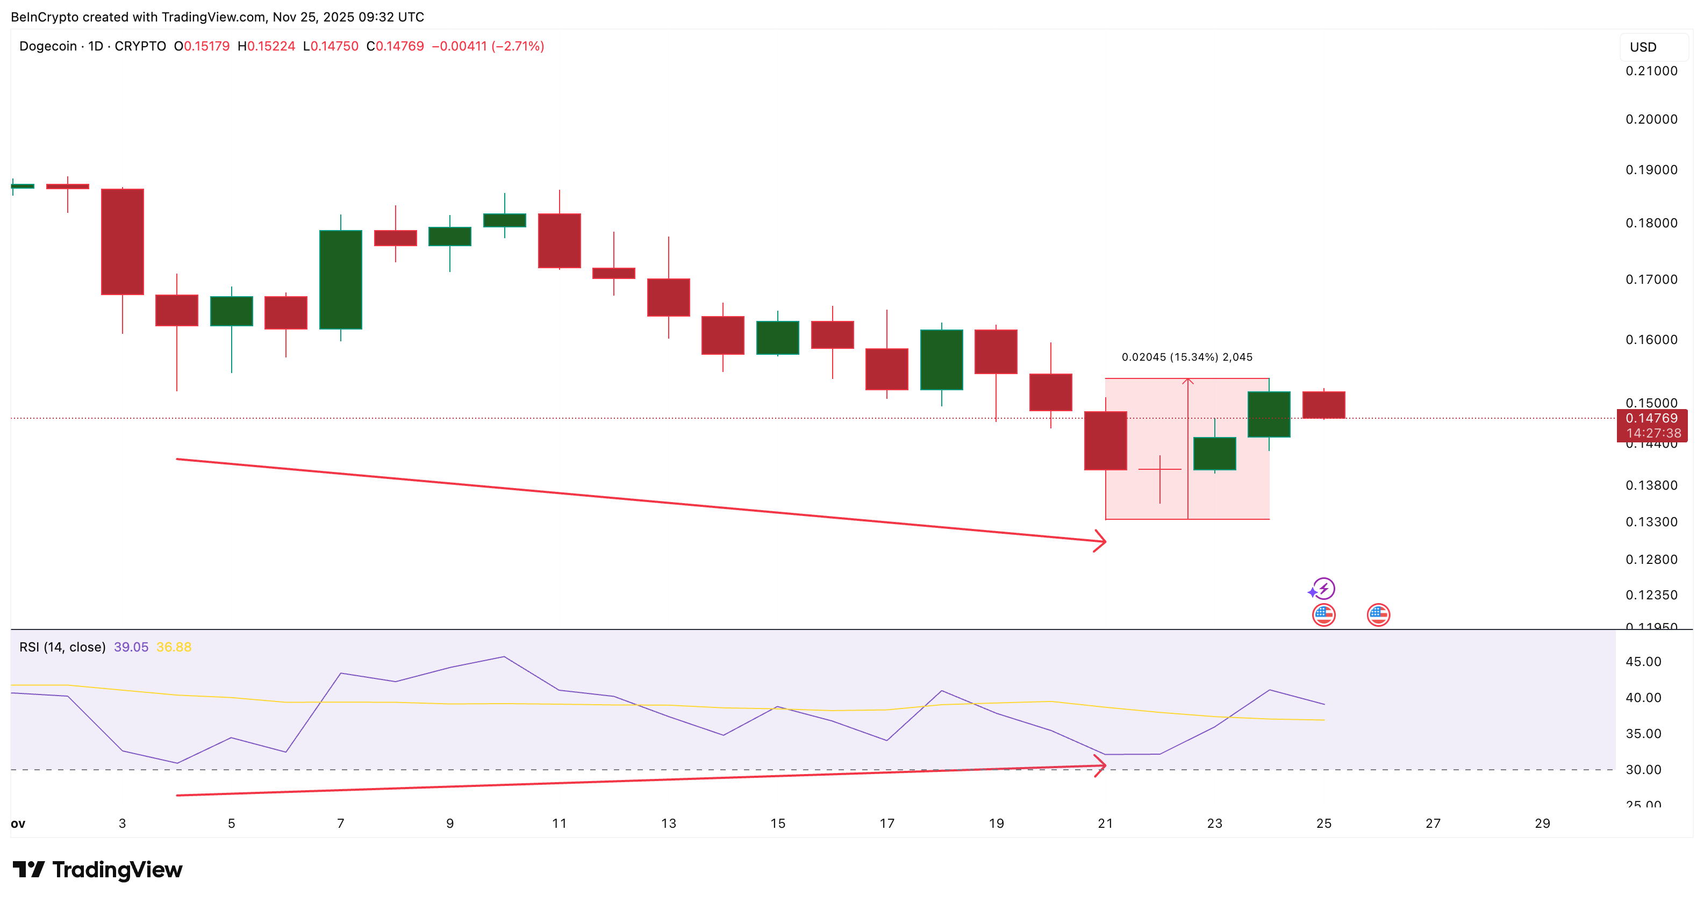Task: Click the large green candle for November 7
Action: (x=341, y=279)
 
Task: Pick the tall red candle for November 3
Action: (x=123, y=241)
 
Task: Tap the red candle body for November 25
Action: (x=1323, y=405)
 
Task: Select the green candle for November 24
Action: (x=1269, y=414)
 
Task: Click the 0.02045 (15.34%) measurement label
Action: (x=1187, y=357)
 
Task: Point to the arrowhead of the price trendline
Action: (x=1101, y=542)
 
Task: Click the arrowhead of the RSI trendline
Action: (x=1101, y=766)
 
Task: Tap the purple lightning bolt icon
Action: (x=1323, y=588)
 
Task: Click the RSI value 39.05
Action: (x=131, y=647)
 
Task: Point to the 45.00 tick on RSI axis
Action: (x=1643, y=661)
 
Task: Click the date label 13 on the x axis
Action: (x=668, y=824)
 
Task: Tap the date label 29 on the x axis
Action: (x=1542, y=824)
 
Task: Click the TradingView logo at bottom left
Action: (x=97, y=870)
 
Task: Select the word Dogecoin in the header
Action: (x=48, y=46)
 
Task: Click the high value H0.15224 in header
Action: (x=267, y=46)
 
